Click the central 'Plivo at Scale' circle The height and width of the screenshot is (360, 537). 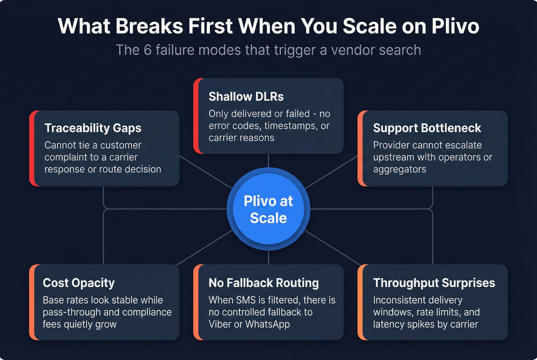click(x=268, y=209)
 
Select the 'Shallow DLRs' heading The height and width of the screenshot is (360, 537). click(x=246, y=97)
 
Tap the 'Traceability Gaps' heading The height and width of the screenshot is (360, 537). click(x=93, y=128)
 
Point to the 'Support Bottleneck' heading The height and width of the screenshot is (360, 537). click(x=427, y=128)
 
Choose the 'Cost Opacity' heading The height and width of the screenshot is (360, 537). click(x=79, y=283)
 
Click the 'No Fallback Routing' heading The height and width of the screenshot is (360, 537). click(x=264, y=283)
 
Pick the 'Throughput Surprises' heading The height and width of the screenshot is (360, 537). click(x=434, y=283)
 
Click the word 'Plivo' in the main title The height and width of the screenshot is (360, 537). click(x=455, y=26)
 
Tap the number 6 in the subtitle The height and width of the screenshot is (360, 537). click(x=148, y=50)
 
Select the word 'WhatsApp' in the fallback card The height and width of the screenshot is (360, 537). click(x=267, y=324)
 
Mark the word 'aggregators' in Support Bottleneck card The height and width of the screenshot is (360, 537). click(x=399, y=169)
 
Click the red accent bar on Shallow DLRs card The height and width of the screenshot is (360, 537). click(x=196, y=116)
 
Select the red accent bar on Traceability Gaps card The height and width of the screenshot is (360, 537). click(x=32, y=148)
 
